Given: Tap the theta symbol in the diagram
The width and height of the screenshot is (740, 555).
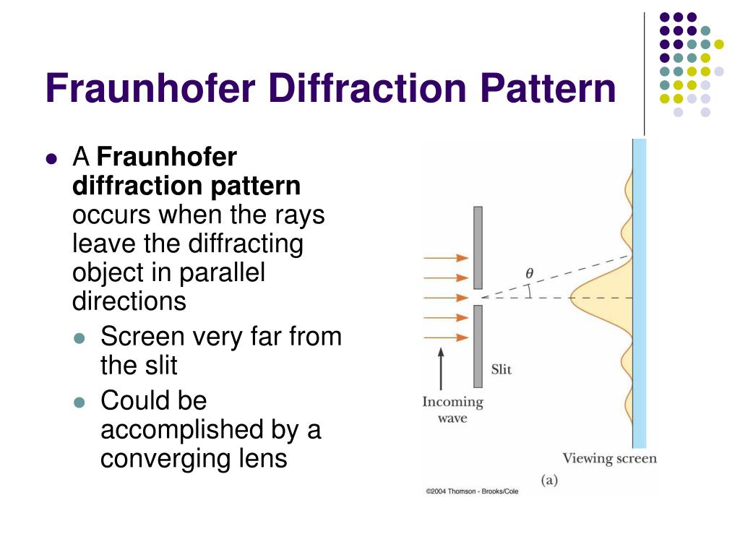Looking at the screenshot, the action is [529, 274].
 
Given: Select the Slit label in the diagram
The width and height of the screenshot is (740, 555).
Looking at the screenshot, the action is [501, 369].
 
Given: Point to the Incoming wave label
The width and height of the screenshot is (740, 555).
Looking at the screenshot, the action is [452, 410].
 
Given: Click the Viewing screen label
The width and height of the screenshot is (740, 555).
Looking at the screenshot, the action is [609, 458].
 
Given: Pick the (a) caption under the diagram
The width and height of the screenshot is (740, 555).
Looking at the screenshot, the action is [551, 479].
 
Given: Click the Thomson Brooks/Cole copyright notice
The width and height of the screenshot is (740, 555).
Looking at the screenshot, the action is [472, 491].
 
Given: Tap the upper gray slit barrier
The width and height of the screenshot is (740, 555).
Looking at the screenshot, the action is [478, 247].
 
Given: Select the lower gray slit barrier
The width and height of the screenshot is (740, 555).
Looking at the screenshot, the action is [478, 345].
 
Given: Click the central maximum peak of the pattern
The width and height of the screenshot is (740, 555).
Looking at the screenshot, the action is [578, 297].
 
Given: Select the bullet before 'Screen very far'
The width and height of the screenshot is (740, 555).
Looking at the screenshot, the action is [80, 338].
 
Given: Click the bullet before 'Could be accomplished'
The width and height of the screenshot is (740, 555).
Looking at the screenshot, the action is [80, 402].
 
